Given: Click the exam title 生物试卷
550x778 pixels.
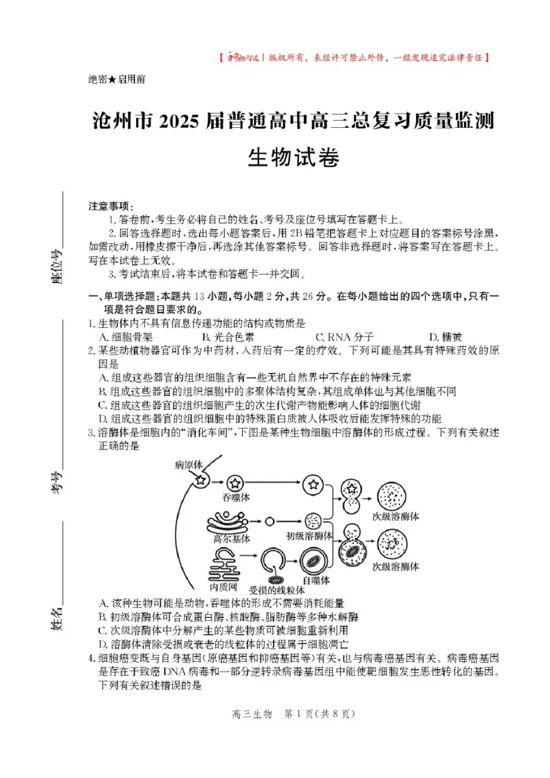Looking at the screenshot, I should pos(294,158).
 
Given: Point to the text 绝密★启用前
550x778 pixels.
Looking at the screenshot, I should pos(117,79).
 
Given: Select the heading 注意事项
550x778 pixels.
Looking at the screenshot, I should pos(111,206).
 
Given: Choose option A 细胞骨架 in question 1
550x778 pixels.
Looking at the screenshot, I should pos(126,337).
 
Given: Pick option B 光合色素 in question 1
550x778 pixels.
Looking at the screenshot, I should pos(228,337).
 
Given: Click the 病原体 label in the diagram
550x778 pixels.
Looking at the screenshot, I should pos(188,465).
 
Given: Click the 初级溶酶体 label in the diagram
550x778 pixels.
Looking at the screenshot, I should pos(309,535).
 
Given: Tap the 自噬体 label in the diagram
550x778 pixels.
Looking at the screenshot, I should pos(316,580).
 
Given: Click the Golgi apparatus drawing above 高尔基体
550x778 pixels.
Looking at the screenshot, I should pos(229,521).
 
